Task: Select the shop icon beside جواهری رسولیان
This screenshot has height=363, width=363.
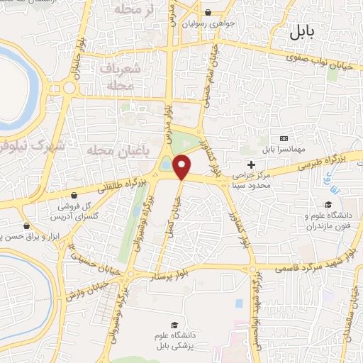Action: pos(207,12)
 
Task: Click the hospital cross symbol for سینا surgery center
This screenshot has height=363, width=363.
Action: pos(251,164)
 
